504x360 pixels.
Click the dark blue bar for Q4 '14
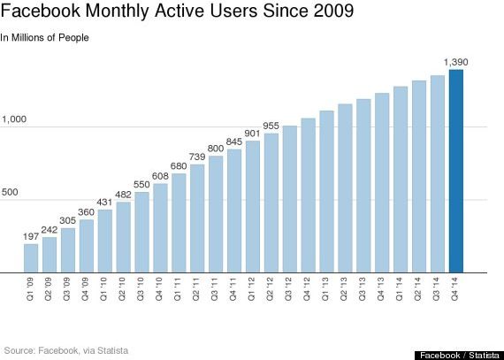pos(455,171)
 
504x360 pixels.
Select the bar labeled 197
pos(31,257)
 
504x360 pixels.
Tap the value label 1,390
pos(455,62)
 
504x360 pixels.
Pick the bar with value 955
pos(271,203)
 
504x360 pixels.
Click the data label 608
pos(160,176)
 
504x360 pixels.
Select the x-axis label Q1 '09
pos(31,287)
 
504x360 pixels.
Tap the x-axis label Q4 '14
pos(455,287)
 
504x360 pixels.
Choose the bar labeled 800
pos(216,214)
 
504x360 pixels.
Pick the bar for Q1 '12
pos(253,206)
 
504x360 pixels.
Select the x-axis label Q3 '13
pos(363,287)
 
